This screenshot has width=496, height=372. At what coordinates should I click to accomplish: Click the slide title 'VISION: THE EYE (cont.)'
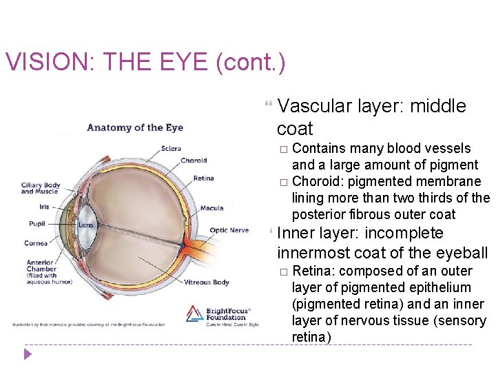click(145, 63)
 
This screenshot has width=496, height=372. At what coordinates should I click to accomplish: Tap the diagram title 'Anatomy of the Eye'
click(135, 127)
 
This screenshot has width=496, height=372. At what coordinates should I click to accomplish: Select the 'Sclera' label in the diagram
click(172, 148)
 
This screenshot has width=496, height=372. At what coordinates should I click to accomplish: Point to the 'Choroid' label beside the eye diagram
click(194, 161)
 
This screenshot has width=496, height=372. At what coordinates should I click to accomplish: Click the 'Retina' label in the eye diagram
click(203, 178)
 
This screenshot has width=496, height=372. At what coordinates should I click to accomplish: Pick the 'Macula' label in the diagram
click(211, 208)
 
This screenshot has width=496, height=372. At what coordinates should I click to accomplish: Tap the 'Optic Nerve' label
click(229, 230)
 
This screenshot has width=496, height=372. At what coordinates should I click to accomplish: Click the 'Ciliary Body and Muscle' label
click(41, 188)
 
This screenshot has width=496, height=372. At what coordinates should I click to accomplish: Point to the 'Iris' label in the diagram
click(44, 206)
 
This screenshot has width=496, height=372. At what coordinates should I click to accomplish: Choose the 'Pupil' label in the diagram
click(37, 223)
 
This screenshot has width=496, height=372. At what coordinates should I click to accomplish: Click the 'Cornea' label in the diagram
click(36, 242)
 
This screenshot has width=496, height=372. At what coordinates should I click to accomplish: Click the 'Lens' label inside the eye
click(85, 225)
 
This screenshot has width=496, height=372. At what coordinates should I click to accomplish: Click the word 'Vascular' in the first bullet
click(316, 106)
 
